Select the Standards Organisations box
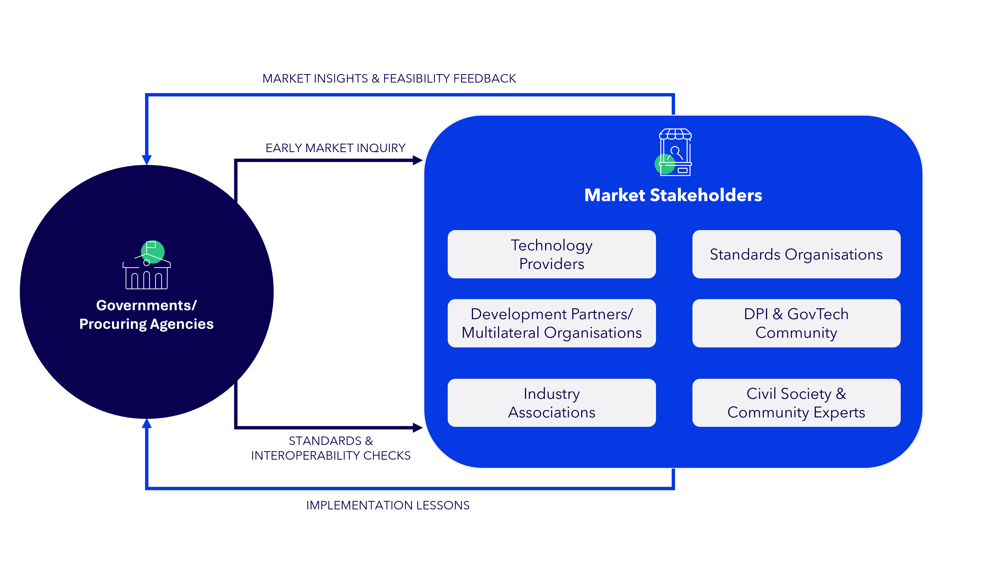pyautogui.click(x=796, y=254)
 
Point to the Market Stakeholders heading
pyautogui.click(x=673, y=195)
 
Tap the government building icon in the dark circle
pyautogui.click(x=147, y=265)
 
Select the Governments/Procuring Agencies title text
pyautogui.click(x=147, y=315)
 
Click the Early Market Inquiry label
pyautogui.click(x=335, y=148)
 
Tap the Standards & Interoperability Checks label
pyautogui.click(x=331, y=448)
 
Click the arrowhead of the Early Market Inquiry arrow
pyautogui.click(x=418, y=160)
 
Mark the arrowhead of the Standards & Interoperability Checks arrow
pyautogui.click(x=418, y=428)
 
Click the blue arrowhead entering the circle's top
pyautogui.click(x=147, y=160)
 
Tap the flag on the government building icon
pyautogui.click(x=151, y=245)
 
